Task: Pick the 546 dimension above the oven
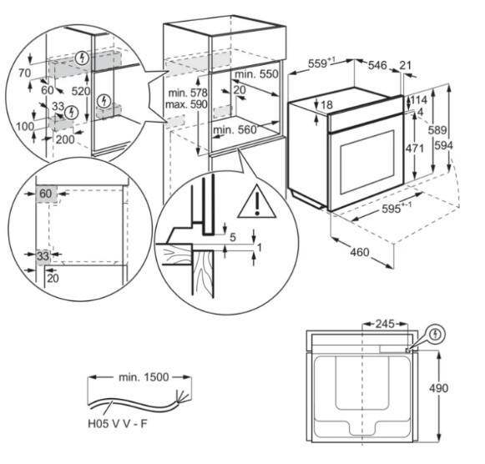pyautogui.click(x=378, y=63)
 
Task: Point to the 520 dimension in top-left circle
pyautogui.click(x=80, y=90)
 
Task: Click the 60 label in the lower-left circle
pyautogui.click(x=44, y=193)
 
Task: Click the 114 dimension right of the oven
pyautogui.click(x=419, y=100)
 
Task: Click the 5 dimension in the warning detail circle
pyautogui.click(x=233, y=236)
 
